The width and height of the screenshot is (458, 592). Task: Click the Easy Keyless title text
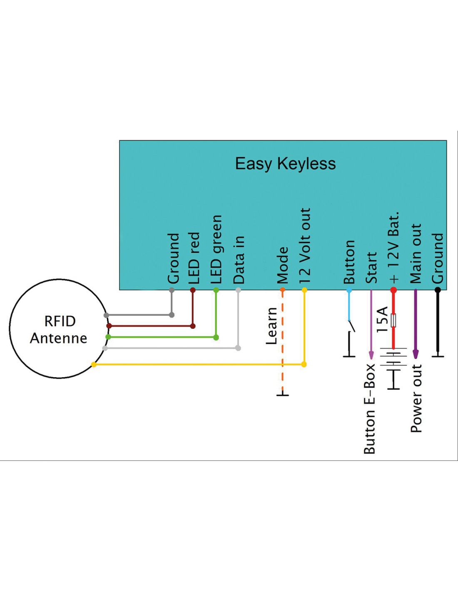coord(285,164)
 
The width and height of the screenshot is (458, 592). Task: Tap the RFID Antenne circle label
coord(59,329)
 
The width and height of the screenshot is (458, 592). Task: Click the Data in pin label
coord(239,260)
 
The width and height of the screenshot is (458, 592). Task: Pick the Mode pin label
coord(283,265)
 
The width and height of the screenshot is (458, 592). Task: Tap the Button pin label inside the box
coord(349,262)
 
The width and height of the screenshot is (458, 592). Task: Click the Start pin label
coord(371,267)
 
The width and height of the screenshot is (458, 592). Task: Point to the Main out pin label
coord(416,254)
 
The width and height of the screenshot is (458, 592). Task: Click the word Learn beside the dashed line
coord(271,326)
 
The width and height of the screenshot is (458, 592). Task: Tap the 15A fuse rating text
coord(382,319)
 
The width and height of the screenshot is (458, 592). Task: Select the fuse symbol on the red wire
coord(393,320)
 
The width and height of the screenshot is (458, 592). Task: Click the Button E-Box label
coord(370,409)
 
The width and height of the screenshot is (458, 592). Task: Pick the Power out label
coord(416,398)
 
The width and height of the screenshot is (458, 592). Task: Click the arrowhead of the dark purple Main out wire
coord(416,354)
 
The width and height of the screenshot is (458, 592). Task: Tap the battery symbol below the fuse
coord(393,358)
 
